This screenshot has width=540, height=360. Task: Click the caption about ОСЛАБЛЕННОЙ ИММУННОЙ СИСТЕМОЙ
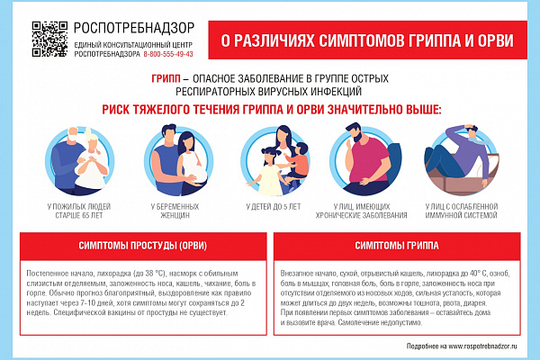(461, 211)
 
